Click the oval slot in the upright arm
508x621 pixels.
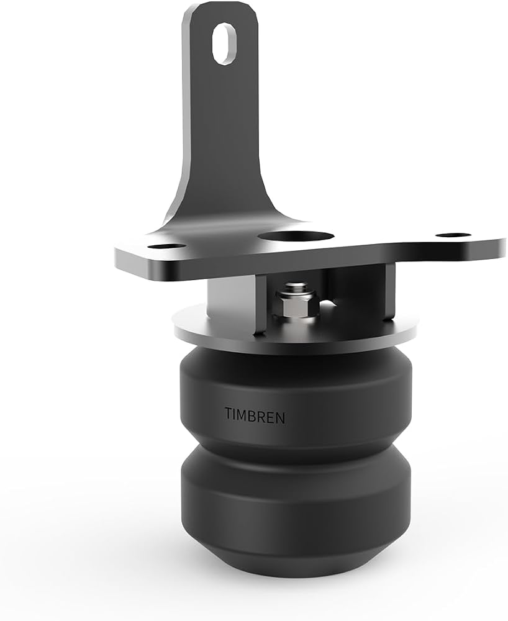click(x=225, y=43)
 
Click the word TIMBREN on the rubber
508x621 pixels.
click(x=255, y=415)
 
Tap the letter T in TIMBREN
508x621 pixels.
click(x=229, y=413)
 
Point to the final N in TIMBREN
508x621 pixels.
click(x=280, y=418)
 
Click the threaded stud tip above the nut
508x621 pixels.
click(x=296, y=286)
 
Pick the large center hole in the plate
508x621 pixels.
click(x=296, y=237)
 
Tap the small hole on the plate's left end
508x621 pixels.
click(x=167, y=247)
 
